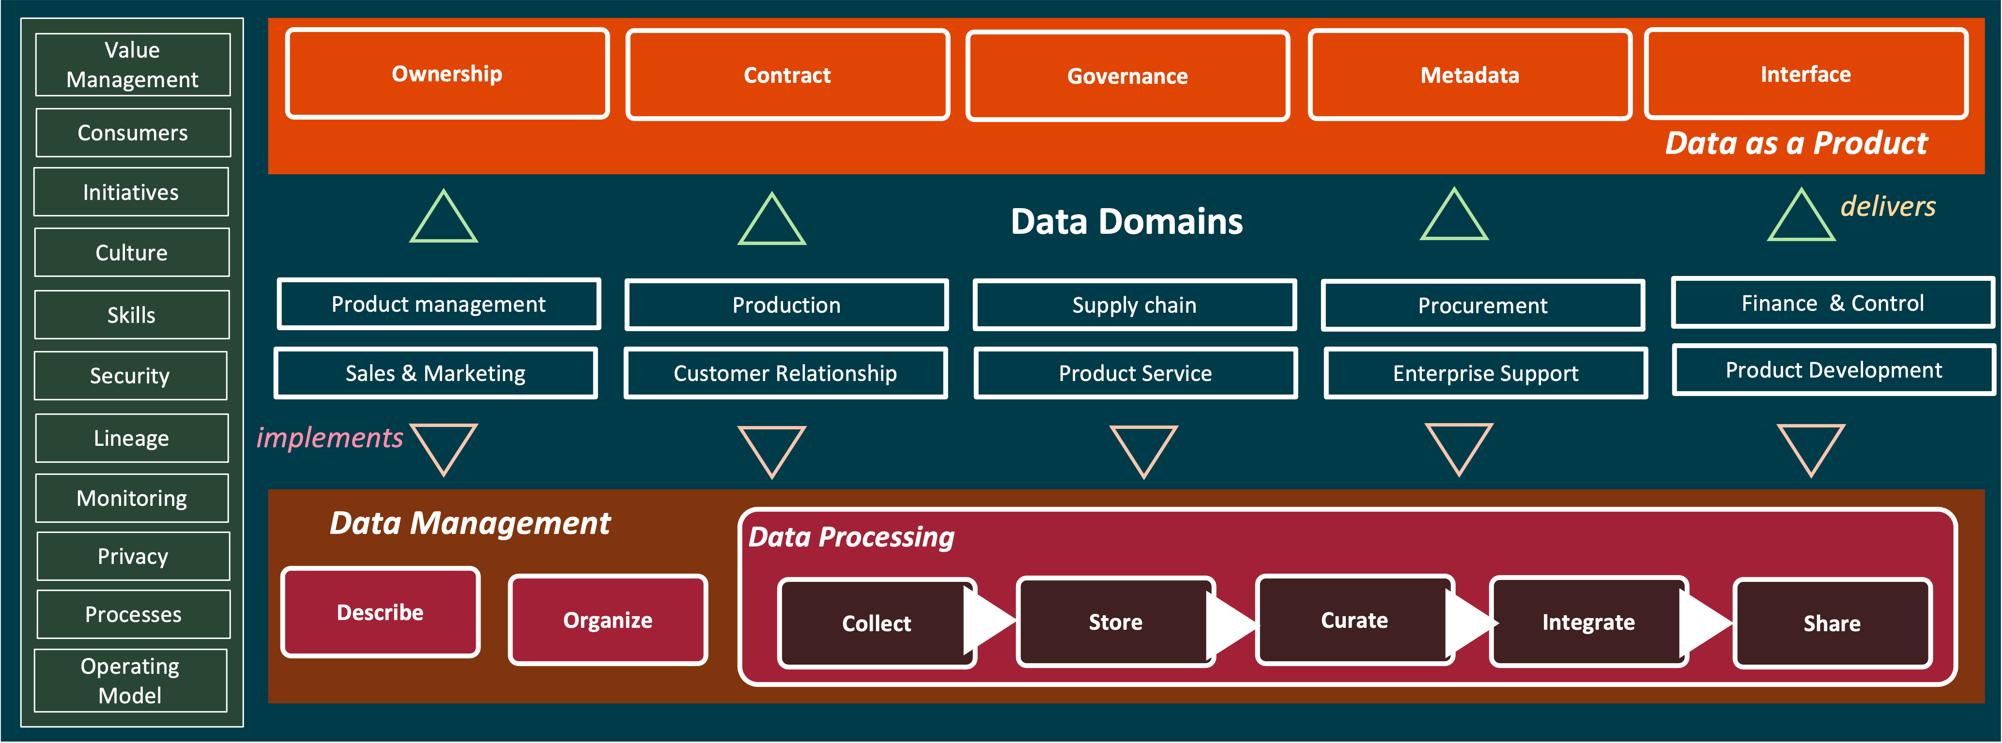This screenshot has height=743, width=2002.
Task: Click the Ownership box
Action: click(x=447, y=74)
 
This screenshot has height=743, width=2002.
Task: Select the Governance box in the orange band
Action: click(x=1128, y=76)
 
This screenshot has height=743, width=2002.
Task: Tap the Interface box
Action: click(x=1806, y=74)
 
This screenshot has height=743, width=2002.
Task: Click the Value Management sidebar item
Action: click(x=133, y=64)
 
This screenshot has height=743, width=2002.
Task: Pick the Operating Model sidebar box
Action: click(x=131, y=681)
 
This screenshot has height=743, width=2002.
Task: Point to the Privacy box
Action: click(x=133, y=557)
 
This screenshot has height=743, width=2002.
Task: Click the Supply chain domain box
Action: click(x=1135, y=304)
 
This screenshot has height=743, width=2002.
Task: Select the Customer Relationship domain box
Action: click(x=785, y=373)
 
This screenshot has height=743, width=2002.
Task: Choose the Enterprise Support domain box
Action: click(x=1486, y=373)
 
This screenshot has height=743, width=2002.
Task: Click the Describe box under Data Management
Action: click(x=380, y=612)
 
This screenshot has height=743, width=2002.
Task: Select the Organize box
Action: click(x=608, y=620)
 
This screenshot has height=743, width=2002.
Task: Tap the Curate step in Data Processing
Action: click(x=1355, y=620)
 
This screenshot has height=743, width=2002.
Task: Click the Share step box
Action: click(x=1833, y=623)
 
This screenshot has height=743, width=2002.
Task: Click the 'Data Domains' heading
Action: click(x=1127, y=222)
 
